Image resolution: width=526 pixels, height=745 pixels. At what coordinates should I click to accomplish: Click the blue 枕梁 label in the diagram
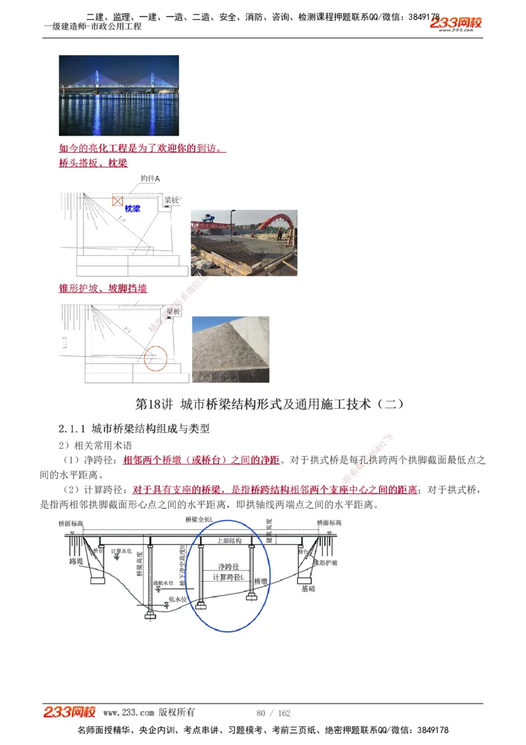[133, 209]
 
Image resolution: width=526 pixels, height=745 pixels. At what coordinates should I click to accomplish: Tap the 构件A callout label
[151, 179]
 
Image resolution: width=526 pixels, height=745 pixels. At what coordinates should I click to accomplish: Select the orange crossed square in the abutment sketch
[117, 200]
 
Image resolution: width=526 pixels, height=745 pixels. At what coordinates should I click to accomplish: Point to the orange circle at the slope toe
[156, 358]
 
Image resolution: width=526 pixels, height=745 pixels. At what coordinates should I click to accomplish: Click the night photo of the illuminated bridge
[118, 95]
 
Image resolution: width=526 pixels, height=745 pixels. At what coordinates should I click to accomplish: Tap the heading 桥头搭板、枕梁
[93, 163]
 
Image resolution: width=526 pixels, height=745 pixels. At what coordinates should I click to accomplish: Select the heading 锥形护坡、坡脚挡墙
[103, 288]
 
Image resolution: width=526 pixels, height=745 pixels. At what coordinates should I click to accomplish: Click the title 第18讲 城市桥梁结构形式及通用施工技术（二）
[269, 404]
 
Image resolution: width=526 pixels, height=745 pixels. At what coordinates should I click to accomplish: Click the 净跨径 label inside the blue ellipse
[227, 566]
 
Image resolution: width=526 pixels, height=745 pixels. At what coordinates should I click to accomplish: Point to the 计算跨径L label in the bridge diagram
[228, 577]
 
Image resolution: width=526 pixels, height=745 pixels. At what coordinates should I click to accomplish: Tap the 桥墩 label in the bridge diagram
[260, 582]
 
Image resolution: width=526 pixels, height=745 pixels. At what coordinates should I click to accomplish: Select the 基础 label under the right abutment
[308, 588]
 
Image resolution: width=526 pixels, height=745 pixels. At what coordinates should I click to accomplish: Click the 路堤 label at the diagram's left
[76, 561]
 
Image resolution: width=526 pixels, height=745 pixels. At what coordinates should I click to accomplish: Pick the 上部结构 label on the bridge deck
[228, 540]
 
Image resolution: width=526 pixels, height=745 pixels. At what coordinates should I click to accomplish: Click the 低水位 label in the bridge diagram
[178, 599]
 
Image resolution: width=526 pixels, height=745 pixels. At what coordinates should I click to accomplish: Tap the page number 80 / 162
[274, 713]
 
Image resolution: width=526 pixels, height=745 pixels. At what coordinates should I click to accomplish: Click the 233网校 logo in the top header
[457, 23]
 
